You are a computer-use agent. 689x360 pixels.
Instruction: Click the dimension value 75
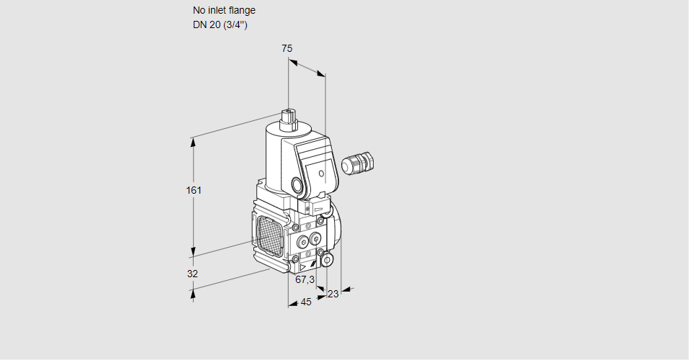287,48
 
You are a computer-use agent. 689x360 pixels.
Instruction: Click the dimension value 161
194,190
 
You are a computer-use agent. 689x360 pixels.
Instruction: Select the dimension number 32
192,274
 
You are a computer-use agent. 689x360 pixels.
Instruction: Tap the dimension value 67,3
305,279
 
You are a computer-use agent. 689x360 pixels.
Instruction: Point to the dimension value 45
306,302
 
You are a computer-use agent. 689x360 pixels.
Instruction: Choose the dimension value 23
333,294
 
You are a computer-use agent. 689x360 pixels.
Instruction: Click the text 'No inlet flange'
224,10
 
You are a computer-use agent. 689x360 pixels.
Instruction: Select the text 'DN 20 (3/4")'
220,24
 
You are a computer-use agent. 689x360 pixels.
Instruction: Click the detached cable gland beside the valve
358,163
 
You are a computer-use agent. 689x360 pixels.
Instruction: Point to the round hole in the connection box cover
321,174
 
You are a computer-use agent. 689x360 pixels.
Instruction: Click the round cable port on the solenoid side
297,184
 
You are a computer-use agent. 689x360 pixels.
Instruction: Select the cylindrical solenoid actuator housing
277,155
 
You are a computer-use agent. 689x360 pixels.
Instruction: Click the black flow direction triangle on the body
303,266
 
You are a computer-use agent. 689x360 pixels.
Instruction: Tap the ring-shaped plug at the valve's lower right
327,259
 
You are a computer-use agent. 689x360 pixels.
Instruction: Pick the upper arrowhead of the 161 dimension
193,140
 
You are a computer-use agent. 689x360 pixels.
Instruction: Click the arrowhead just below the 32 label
193,293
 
